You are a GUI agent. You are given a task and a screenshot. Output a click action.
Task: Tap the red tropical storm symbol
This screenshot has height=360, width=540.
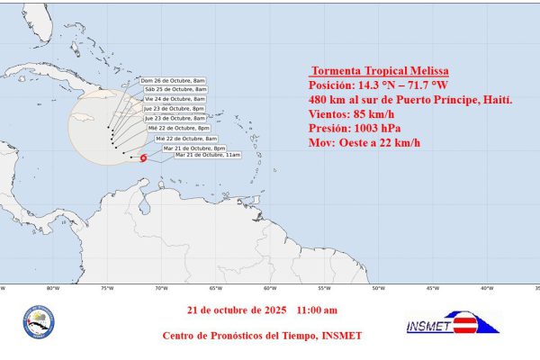[x=143, y=158]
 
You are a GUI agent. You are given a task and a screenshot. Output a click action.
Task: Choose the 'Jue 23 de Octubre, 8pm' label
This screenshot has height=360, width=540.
[x=174, y=109]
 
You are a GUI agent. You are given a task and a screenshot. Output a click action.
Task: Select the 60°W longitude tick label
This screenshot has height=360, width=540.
[x=268, y=288]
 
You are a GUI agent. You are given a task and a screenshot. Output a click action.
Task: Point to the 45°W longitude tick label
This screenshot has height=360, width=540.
[x=432, y=288]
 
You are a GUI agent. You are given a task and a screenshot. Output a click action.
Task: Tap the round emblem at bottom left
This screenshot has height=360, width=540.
[x=38, y=322]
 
